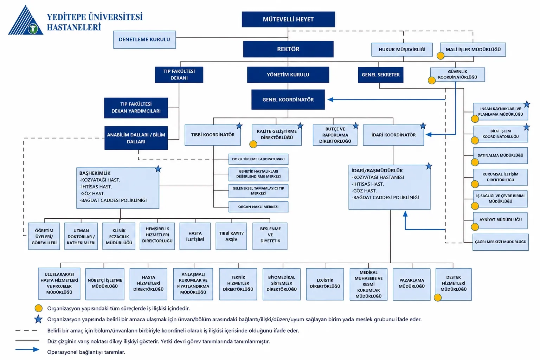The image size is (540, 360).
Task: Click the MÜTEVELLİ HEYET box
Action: coord(288,19)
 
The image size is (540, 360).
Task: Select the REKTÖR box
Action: coord(288,49)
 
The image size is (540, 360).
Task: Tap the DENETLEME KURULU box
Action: coord(144,39)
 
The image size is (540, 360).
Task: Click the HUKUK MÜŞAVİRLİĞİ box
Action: coord(402,50)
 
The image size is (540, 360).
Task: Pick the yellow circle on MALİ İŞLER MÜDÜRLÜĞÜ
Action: coord(441,56)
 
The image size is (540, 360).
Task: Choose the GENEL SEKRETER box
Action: coord(381,75)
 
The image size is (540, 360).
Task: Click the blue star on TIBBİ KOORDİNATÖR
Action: coord(239,126)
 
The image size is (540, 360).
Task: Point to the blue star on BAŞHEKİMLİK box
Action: coord(158,169)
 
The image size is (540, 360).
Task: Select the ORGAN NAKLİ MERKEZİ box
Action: coord(258,207)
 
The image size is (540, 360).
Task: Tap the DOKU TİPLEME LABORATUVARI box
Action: coord(258,159)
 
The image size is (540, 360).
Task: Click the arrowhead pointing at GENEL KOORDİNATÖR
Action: coord(330,99)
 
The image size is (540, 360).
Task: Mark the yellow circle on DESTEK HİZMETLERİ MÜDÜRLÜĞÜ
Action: coord(438,297)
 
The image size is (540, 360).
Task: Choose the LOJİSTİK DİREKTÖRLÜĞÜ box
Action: coord(325,284)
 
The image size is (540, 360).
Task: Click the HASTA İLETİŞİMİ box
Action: coord(195,236)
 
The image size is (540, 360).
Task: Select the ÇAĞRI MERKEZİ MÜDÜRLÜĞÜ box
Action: coord(501,242)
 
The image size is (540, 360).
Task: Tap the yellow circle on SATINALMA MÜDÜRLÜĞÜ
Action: coord(475,162)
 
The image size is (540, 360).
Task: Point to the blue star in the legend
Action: coord(38,319)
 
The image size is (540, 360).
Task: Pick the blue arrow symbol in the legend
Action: coord(27,349)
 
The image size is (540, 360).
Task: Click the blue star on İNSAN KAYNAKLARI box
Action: coord(527,104)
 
